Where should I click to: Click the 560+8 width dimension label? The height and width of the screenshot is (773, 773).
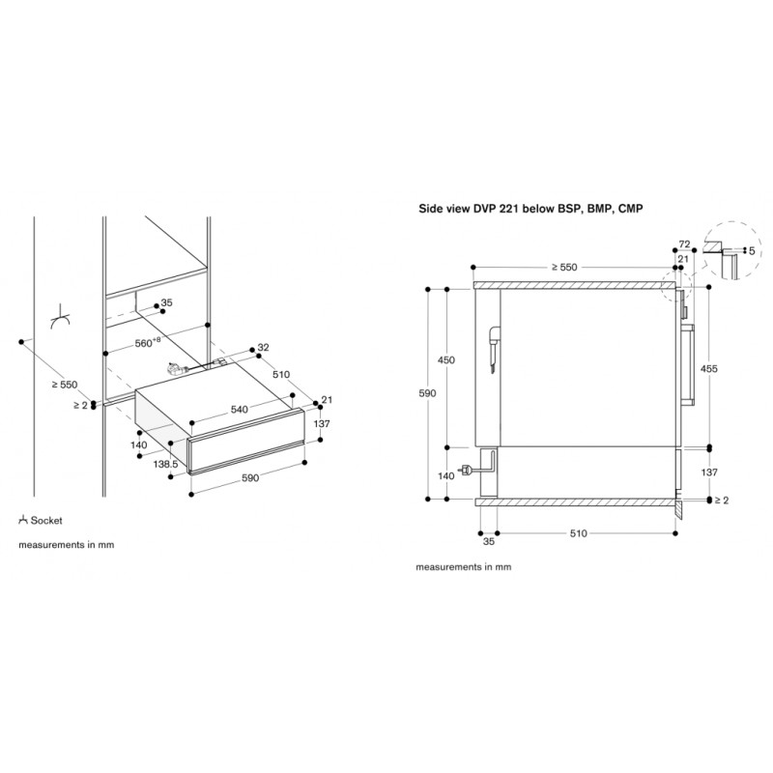coord(148,342)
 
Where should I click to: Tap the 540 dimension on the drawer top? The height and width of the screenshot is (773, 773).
coord(239,409)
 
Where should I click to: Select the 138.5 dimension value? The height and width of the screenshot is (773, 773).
coord(165,464)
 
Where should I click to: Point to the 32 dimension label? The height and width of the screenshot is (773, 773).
coord(263,348)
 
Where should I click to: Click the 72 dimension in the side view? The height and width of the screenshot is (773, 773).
coord(684,244)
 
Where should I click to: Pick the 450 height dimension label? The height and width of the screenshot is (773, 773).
coord(446,359)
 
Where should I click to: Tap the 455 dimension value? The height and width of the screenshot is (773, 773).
coord(709,368)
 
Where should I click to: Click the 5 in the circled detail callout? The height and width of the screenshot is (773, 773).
coord(752,251)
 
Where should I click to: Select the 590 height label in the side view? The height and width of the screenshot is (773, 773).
coord(427,393)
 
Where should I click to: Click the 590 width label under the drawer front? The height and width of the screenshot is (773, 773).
coord(250,477)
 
